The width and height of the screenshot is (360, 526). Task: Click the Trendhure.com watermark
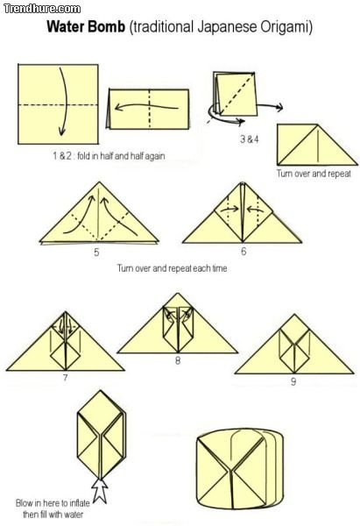click(x=42, y=8)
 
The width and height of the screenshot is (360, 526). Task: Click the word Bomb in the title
click(x=106, y=27)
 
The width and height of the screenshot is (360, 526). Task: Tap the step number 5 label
click(x=96, y=252)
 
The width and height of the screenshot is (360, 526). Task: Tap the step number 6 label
click(x=244, y=252)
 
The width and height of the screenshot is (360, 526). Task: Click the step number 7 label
click(x=65, y=378)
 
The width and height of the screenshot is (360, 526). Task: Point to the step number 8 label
click(x=178, y=360)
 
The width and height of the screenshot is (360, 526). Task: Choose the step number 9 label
click(x=293, y=381)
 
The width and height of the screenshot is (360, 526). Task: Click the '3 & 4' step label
click(x=250, y=139)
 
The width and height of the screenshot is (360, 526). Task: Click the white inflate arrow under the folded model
click(x=100, y=490)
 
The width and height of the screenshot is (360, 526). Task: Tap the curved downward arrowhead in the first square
click(x=61, y=131)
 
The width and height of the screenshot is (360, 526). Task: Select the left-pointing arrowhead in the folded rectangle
click(x=117, y=108)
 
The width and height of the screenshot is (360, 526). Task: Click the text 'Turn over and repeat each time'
click(x=172, y=268)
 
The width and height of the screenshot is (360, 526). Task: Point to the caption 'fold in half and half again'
click(x=121, y=156)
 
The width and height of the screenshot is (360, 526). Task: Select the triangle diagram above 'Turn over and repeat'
click(x=317, y=145)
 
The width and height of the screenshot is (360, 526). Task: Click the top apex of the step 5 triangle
click(x=99, y=182)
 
